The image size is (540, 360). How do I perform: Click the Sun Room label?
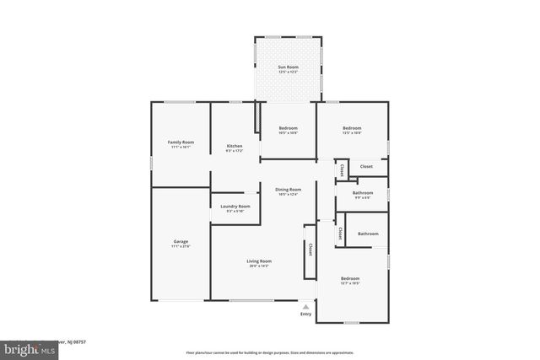coord(289,66)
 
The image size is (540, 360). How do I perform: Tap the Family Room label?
coord(181,142)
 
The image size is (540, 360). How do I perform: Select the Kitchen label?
coord(235,147)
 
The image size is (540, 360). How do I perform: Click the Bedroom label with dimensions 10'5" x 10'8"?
coord(289,128)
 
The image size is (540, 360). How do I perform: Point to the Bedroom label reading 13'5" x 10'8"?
coord(351,128)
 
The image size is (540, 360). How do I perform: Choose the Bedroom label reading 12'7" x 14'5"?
coord(350,279)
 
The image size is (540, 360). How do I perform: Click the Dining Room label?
coord(289,190)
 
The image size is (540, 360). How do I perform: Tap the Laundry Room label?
coord(235,207)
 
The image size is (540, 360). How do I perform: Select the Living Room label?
coord(258,261)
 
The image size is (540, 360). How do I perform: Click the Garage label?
coord(181,242)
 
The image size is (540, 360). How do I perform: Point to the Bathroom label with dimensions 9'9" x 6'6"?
coord(363,193)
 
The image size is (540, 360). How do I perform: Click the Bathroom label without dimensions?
coord(368,234)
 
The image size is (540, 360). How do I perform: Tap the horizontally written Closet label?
coord(366,166)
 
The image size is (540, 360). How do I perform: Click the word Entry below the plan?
coord(305,314)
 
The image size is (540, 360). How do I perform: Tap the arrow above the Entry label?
coord(305,308)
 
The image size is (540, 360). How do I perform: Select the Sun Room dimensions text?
coord(289,71)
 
